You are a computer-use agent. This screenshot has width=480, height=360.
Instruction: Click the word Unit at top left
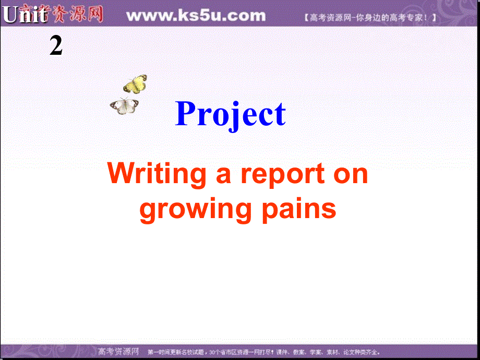(25, 16)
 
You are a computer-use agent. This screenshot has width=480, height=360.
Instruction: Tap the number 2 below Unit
(56, 46)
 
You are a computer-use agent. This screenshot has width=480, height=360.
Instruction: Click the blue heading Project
(231, 114)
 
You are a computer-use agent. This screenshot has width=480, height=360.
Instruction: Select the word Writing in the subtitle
(157, 175)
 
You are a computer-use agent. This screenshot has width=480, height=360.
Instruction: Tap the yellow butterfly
(135, 83)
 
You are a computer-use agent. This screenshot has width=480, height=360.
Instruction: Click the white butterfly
(124, 105)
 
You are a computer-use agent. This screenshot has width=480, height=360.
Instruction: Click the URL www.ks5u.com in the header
(196, 16)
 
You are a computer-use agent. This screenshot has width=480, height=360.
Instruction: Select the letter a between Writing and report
(223, 175)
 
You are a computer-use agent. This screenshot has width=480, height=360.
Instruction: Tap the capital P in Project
(188, 114)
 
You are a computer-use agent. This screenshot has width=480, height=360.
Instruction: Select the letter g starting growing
(149, 211)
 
